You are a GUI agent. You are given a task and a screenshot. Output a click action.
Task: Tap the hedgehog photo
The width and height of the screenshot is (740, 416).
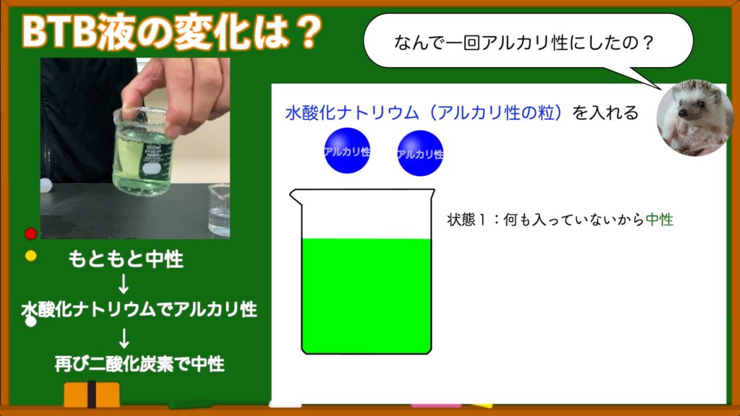[694, 118]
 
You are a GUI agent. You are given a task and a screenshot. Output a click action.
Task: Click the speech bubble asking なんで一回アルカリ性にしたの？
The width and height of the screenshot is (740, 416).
[528, 41]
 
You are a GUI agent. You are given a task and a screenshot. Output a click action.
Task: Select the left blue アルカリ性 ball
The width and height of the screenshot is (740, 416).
[347, 150]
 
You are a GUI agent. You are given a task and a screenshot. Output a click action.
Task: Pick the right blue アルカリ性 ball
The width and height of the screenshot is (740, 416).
[420, 153]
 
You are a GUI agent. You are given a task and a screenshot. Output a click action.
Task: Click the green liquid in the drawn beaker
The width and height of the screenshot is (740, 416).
[366, 295]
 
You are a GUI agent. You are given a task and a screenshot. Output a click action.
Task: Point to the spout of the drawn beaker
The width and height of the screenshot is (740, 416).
[296, 196]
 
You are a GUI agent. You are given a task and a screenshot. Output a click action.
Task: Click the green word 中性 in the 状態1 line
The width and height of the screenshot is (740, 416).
[659, 220]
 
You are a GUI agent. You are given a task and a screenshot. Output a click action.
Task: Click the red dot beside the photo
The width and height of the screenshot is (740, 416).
[30, 233]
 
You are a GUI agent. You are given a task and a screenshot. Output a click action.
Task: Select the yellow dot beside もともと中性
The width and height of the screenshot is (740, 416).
[30, 256]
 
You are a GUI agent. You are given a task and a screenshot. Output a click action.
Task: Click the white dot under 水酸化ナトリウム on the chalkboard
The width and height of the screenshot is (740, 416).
[30, 321]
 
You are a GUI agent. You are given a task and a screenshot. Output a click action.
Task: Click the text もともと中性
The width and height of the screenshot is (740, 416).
[126, 259]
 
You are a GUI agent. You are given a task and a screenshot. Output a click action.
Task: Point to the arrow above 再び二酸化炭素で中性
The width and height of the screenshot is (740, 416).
[124, 338]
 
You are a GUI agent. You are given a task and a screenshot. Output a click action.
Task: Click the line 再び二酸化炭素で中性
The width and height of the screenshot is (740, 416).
[139, 364]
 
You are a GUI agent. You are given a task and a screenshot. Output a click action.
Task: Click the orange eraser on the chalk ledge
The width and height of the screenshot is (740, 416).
[92, 395]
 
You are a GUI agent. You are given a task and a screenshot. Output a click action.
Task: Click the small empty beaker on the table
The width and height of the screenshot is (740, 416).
[219, 210]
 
